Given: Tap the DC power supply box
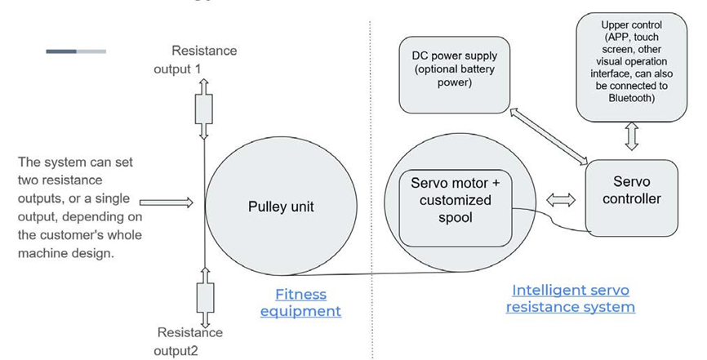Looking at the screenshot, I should [x=453, y=73].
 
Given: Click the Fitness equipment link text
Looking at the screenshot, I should [x=300, y=302].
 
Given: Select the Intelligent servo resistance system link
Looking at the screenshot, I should [x=570, y=299].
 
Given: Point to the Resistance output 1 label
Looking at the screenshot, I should [x=196, y=60].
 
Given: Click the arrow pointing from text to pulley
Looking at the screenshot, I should [x=166, y=201].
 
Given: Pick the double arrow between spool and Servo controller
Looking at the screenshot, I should [x=559, y=199].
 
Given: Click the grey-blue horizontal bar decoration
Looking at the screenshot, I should [x=76, y=51].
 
